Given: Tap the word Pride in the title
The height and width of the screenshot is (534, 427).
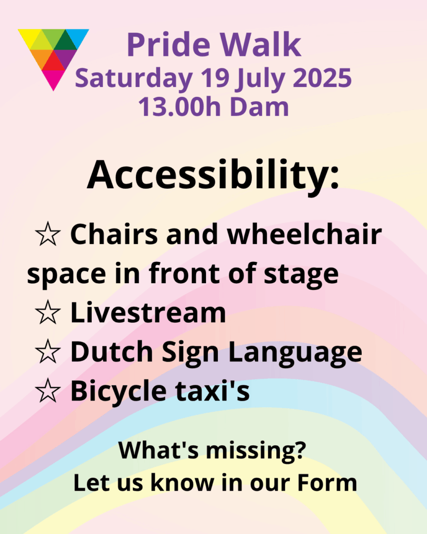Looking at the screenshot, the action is [x=169, y=45].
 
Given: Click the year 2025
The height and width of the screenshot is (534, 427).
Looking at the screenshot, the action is [x=322, y=78].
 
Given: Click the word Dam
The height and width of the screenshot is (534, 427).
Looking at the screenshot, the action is [x=260, y=106].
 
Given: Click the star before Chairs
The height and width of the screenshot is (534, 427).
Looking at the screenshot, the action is [x=47, y=234].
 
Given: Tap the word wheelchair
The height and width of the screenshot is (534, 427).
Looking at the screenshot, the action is [x=304, y=234].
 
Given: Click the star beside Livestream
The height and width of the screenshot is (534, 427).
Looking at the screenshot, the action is [x=47, y=313].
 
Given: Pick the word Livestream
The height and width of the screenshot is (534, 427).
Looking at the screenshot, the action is [x=148, y=312].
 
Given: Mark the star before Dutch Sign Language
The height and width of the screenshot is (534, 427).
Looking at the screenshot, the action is [x=47, y=351].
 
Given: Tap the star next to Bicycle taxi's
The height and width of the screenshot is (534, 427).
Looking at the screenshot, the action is [x=47, y=391].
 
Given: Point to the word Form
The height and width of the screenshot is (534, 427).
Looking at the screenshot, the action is [x=327, y=483].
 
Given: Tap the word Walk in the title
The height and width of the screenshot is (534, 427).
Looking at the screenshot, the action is [x=261, y=45].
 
